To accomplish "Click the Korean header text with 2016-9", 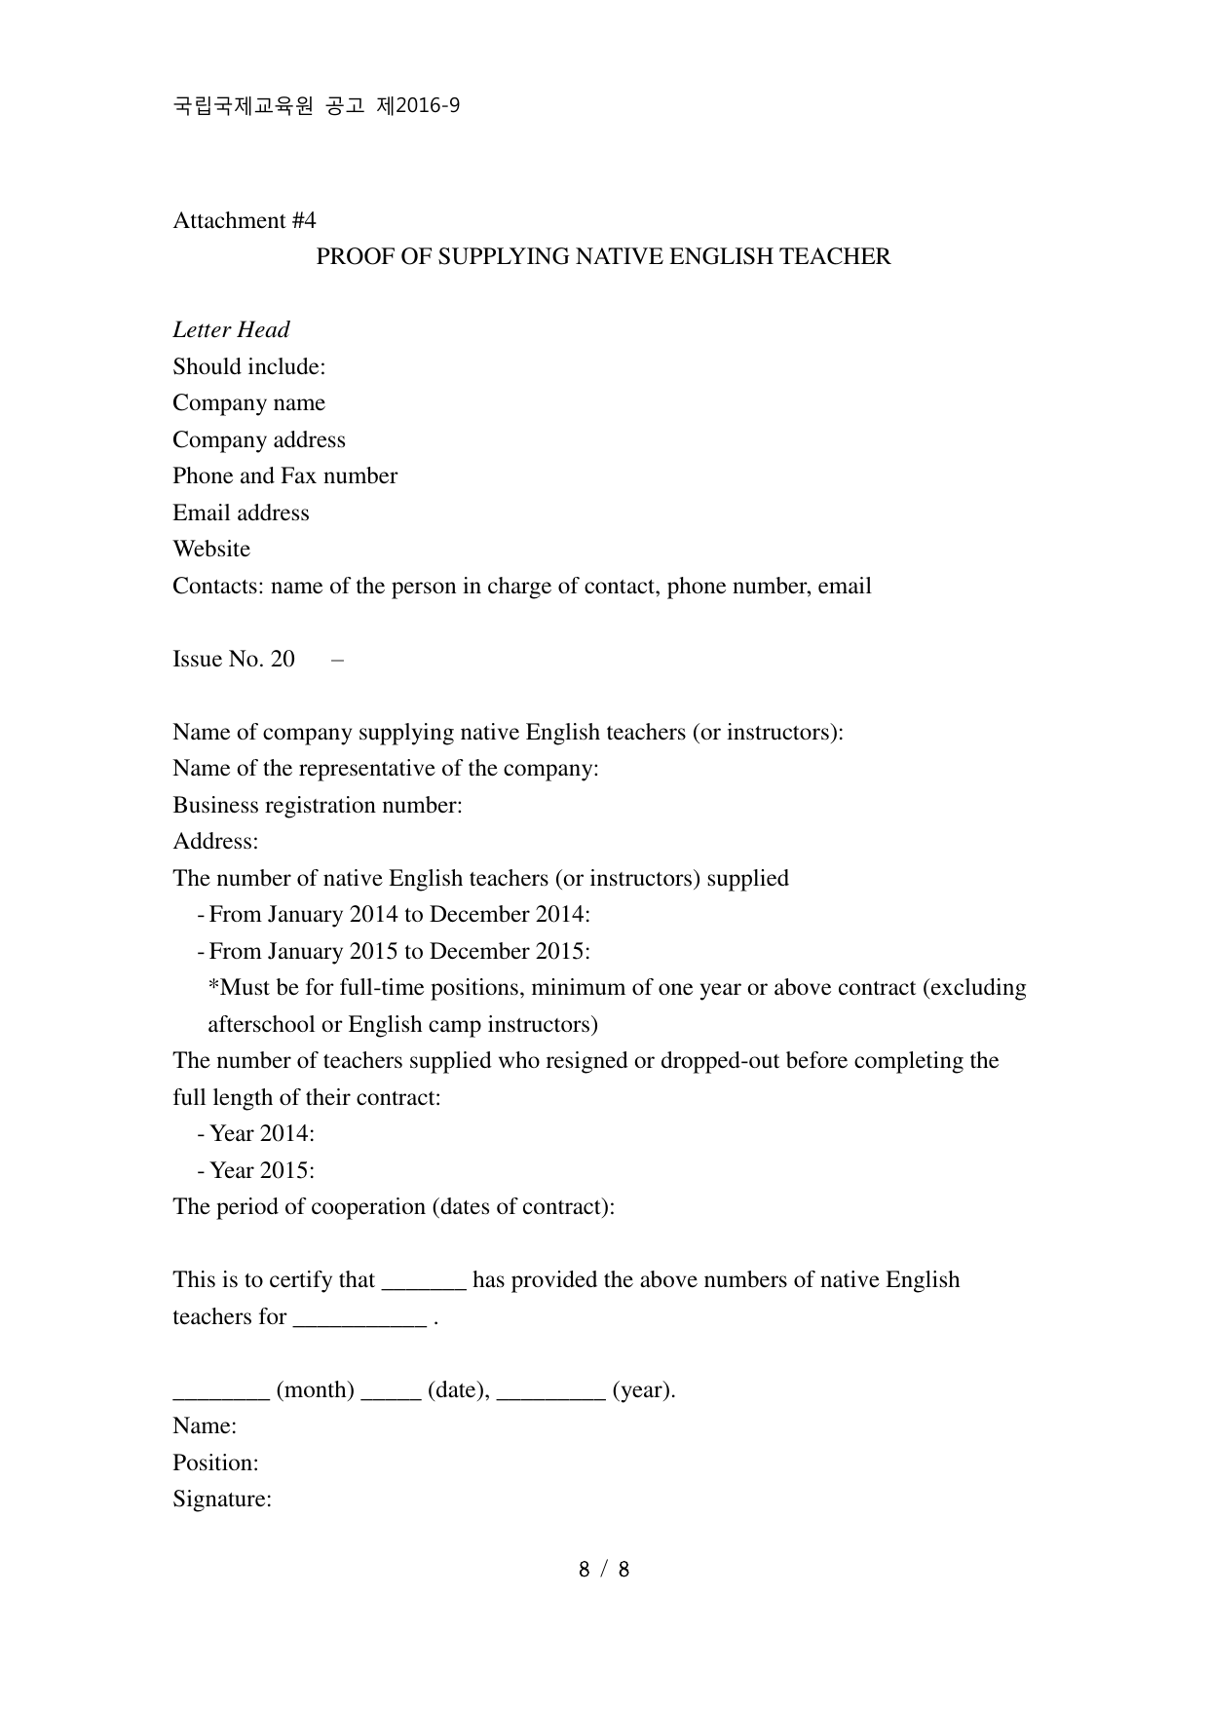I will click(x=316, y=106).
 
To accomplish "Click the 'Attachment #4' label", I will click(x=245, y=221).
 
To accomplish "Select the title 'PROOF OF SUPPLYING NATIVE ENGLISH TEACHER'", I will click(x=603, y=257).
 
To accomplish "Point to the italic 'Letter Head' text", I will click(x=231, y=330).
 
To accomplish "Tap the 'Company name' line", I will click(x=248, y=403).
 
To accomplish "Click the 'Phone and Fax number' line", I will click(x=284, y=476).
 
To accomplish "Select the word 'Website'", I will click(x=211, y=550).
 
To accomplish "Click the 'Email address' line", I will click(x=241, y=513).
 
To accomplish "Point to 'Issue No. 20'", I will click(x=234, y=660).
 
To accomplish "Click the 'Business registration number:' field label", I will click(x=317, y=806).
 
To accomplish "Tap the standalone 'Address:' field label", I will click(x=215, y=842).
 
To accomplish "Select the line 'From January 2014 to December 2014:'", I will click(x=399, y=915).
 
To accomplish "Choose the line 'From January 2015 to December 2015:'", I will click(x=399, y=952).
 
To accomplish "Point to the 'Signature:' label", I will click(x=221, y=1500).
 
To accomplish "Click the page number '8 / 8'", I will click(x=604, y=1570).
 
